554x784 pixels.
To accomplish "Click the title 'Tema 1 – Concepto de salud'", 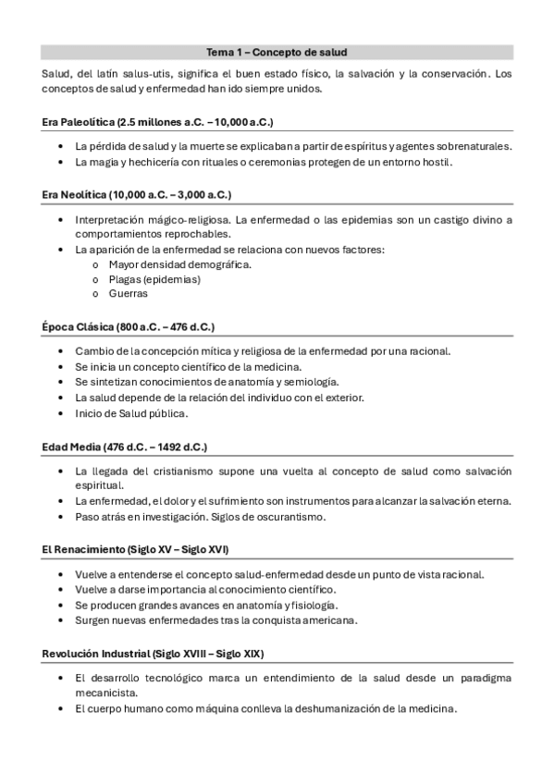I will tap(277, 53).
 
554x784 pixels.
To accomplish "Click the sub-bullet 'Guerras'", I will tap(128, 294).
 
